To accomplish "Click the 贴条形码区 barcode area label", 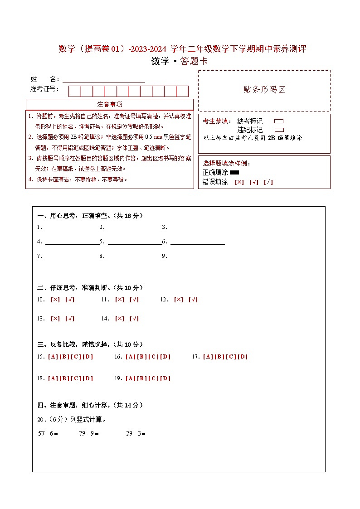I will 264,90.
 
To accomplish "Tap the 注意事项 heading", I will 110,105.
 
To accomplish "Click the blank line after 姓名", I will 104,80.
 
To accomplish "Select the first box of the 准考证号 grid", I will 74,91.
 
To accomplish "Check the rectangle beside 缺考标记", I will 279,121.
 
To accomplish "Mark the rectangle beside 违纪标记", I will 279,130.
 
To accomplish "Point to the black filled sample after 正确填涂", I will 234,173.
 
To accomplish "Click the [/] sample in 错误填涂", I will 268,182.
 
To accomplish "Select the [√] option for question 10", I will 70,300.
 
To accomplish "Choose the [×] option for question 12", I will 179,300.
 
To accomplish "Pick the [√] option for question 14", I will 134,319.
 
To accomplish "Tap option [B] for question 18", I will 64,378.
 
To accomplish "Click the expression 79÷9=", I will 89,433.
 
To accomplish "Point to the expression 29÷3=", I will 136,433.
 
